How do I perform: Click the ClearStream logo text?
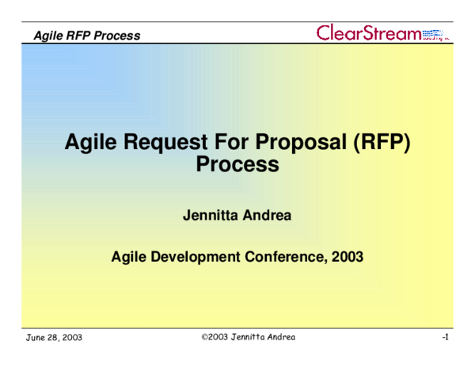tap(368, 33)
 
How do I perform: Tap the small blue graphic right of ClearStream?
tap(435, 34)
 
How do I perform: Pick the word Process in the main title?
tap(237, 165)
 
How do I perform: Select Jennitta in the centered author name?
tap(211, 215)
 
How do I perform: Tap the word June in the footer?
tap(35, 338)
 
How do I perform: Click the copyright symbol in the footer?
tap(204, 337)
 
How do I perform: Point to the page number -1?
tap(446, 338)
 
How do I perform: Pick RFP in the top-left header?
tap(81, 35)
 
